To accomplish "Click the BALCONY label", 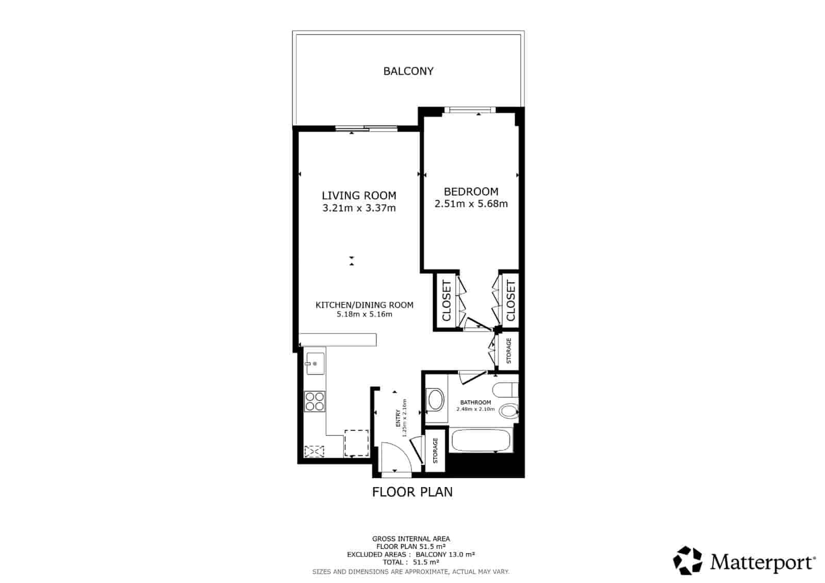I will (x=408, y=71).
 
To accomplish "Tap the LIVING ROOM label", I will (x=359, y=196).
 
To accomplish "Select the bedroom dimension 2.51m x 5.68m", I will (x=471, y=204).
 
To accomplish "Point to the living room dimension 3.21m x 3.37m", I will (x=359, y=208).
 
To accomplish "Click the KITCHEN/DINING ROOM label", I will (x=364, y=305).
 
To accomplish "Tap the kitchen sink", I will (x=314, y=364).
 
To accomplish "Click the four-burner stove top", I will (x=315, y=401).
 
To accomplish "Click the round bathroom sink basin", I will (x=436, y=399).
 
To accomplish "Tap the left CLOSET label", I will (x=447, y=300).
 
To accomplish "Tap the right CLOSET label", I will (x=510, y=300).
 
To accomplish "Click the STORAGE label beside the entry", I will (x=435, y=450).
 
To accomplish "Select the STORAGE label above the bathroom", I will (x=508, y=351).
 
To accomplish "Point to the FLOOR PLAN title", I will (x=412, y=492).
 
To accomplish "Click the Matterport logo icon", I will (x=688, y=560).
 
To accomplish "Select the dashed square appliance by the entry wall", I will (x=356, y=443).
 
